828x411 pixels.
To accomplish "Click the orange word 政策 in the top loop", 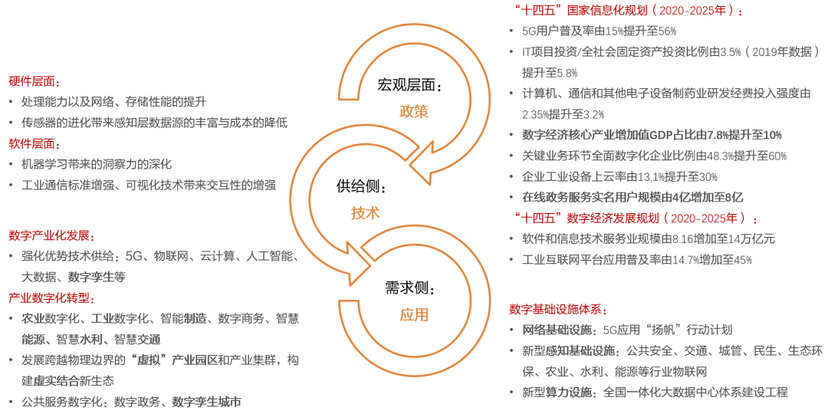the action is (414, 110).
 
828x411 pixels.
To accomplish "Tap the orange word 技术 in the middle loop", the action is (366, 212).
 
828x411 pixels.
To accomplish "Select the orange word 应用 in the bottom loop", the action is (414, 314).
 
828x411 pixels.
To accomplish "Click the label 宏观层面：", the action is (410, 85).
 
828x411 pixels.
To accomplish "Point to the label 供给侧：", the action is (362, 186).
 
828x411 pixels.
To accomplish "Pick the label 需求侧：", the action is (410, 289).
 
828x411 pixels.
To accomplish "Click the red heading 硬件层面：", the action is (34, 81).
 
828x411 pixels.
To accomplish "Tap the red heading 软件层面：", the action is (34, 143).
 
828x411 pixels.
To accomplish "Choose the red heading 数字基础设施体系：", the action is (559, 309).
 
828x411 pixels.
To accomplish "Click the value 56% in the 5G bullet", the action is (667, 31).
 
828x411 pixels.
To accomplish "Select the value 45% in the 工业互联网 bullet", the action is (743, 260).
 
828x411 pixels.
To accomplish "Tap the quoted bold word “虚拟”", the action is (146, 360).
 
